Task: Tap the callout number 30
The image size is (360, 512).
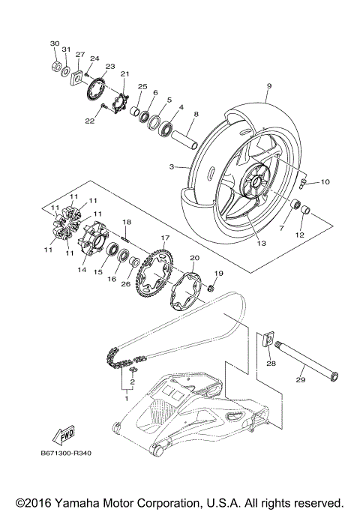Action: [54, 43]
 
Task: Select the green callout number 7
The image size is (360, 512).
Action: [281, 226]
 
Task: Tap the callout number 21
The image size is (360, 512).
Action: [124, 73]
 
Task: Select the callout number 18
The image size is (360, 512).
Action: [127, 223]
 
